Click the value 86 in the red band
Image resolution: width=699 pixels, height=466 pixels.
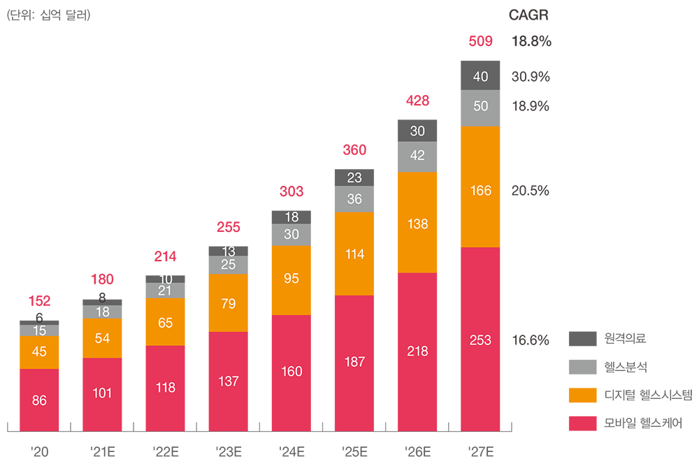pos(39,401)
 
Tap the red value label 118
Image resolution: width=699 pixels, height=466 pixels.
pos(166,387)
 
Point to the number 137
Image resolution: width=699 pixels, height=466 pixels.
pos(229,381)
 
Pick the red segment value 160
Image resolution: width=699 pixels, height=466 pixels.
pos(291,371)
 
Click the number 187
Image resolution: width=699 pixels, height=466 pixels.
pos(354,361)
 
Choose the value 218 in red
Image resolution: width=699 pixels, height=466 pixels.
pos(417,351)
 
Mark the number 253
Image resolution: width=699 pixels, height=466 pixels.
pos(481,340)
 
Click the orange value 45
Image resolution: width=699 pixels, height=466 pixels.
pos(39,351)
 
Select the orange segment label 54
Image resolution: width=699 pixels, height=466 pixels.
pos(102,337)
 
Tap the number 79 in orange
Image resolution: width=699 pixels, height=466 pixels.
pos(229,304)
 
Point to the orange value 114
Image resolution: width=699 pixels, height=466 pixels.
pos(354,254)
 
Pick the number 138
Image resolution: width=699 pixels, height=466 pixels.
pos(417,224)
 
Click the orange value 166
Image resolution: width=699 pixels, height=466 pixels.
pos(481,190)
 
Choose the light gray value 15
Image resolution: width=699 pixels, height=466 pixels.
pos(39,330)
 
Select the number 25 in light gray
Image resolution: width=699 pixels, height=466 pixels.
pos(229,265)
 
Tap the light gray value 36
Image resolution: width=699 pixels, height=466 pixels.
pos(354,199)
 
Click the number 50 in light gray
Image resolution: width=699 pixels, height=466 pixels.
pos(481,106)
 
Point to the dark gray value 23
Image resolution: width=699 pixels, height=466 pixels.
pos(354,178)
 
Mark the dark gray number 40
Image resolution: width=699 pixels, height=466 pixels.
pos(481,77)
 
